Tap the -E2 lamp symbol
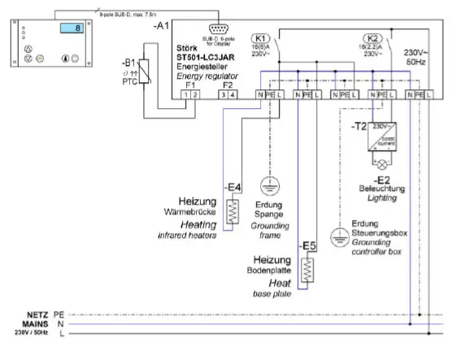(x=380, y=163)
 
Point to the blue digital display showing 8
(x=71, y=28)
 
